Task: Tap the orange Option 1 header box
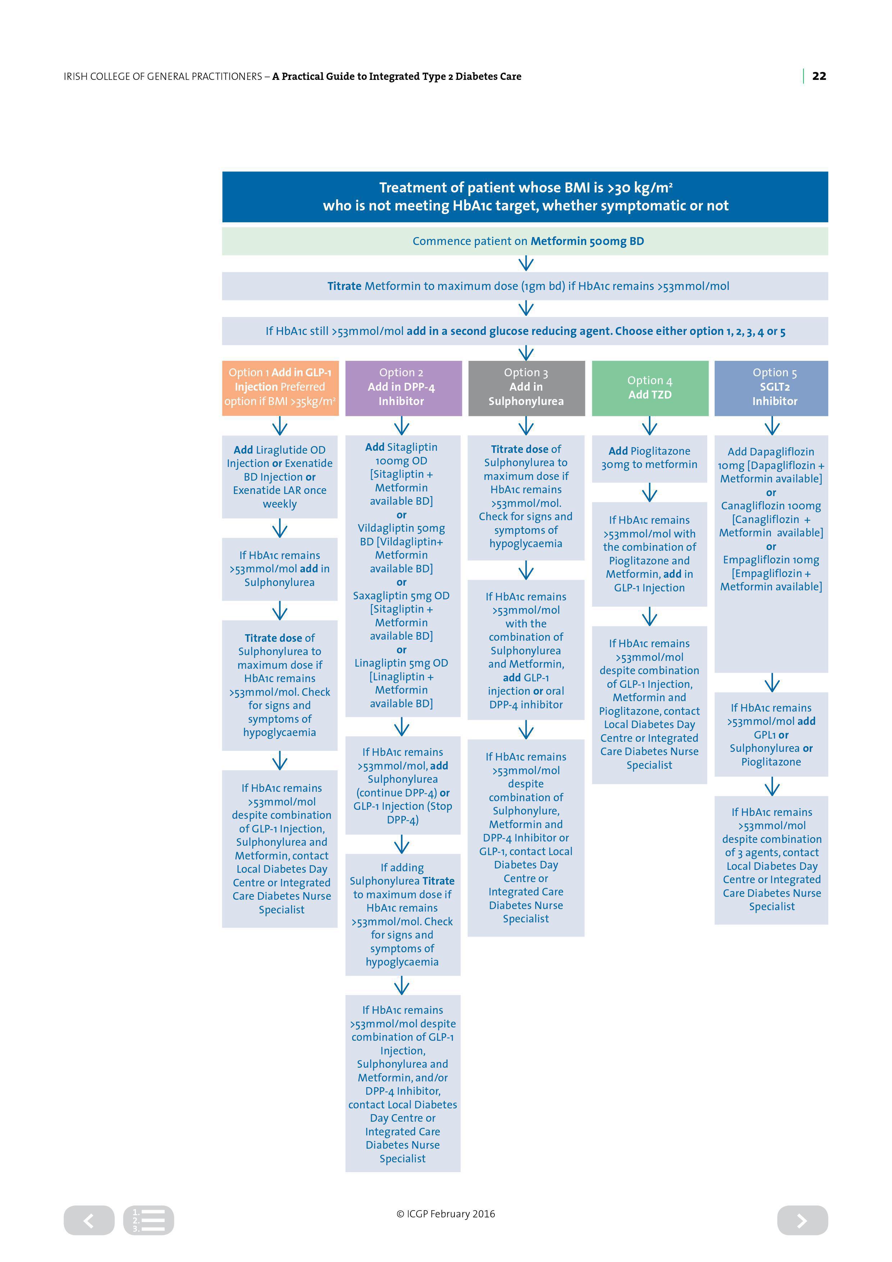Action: click(280, 388)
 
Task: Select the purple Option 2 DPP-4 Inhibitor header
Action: click(403, 388)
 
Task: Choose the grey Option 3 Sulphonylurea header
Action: click(526, 388)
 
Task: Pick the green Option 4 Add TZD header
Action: click(650, 388)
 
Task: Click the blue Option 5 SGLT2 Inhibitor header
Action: click(771, 388)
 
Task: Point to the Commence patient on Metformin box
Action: click(525, 241)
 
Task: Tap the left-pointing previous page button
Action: click(89, 1220)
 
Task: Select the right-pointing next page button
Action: click(802, 1220)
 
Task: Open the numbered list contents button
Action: click(148, 1220)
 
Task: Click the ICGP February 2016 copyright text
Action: click(445, 1214)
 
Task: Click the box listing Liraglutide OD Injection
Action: click(280, 477)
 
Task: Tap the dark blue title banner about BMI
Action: click(525, 197)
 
